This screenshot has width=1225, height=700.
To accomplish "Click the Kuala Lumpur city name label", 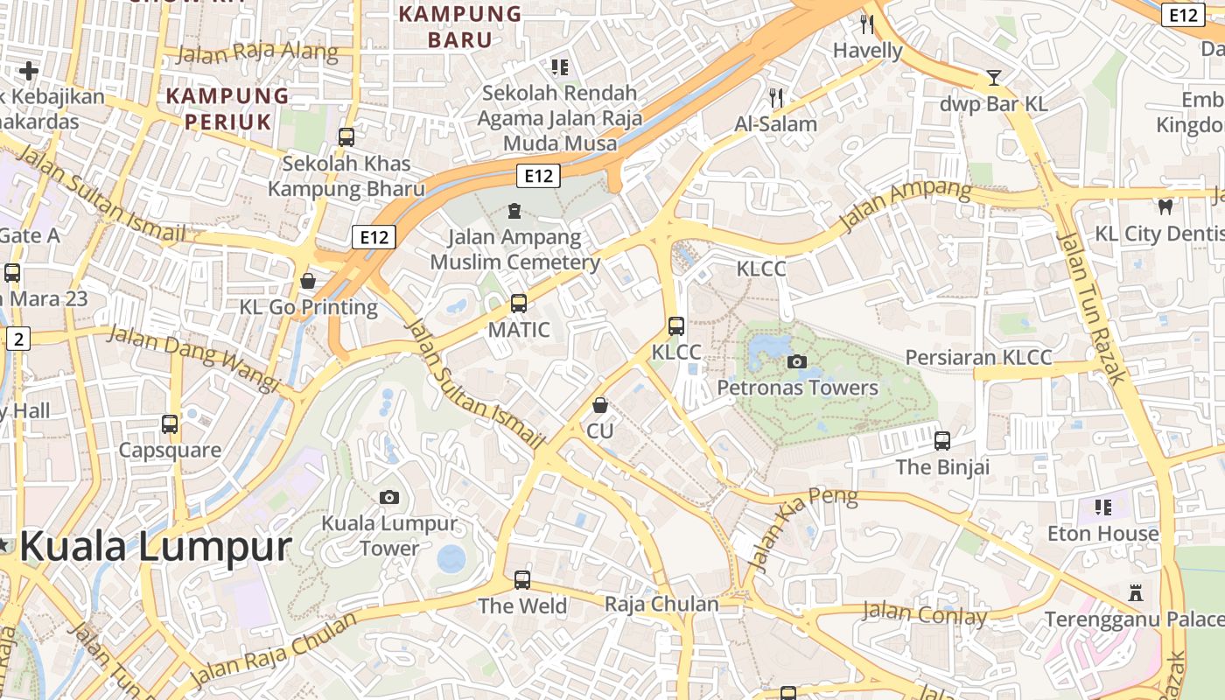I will click(x=155, y=548).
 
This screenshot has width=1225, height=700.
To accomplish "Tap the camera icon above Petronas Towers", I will click(x=796, y=361).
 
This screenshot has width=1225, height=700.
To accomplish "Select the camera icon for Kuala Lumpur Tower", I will click(x=389, y=497).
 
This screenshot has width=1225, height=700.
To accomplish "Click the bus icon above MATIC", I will click(x=519, y=304).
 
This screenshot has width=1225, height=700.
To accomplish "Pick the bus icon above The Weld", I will click(x=522, y=579).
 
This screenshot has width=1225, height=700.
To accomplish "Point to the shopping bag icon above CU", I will click(x=600, y=405).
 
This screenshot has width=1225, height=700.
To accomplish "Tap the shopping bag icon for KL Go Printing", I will click(x=308, y=281).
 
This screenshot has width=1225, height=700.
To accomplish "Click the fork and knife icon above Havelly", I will click(x=867, y=24).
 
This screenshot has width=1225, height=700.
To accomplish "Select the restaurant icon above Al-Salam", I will click(x=775, y=97).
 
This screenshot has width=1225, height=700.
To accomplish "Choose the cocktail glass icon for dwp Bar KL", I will click(x=993, y=77).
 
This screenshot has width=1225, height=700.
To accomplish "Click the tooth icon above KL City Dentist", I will click(x=1165, y=207).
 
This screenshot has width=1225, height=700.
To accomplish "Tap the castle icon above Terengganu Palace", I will click(x=1136, y=593).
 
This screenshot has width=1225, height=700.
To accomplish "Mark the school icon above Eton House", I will click(x=1103, y=507).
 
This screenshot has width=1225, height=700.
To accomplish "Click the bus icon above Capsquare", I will click(x=170, y=424).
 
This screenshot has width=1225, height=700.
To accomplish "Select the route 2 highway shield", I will click(x=18, y=339).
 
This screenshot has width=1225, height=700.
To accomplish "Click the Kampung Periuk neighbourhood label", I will click(x=227, y=108).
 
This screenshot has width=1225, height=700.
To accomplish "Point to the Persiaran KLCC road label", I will click(x=978, y=358).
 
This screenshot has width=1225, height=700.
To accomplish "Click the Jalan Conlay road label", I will click(x=925, y=613).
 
